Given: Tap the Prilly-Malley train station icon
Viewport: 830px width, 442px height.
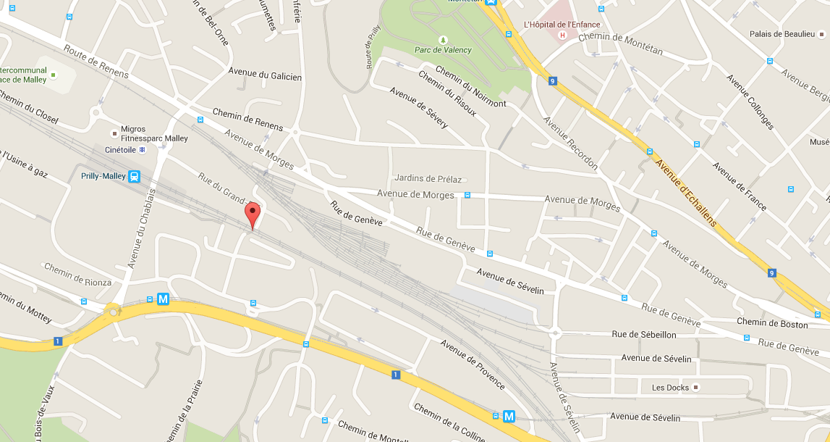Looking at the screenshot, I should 134,176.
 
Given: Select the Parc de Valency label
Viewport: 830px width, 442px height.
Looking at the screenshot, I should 442,50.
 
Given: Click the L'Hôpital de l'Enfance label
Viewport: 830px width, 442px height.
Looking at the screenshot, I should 562,24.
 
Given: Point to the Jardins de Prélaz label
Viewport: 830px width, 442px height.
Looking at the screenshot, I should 428,178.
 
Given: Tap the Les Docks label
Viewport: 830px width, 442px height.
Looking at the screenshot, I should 670,388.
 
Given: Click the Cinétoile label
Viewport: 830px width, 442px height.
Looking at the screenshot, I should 120,149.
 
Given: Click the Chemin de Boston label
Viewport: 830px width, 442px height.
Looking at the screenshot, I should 771,323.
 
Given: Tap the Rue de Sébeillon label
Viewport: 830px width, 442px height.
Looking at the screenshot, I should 643,334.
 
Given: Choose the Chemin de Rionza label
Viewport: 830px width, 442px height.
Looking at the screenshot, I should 77,276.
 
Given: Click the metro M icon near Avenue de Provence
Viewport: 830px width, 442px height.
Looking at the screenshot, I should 509,417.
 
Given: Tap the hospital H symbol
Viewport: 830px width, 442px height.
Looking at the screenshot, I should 562,34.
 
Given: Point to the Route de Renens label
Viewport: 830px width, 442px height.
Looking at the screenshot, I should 96,62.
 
